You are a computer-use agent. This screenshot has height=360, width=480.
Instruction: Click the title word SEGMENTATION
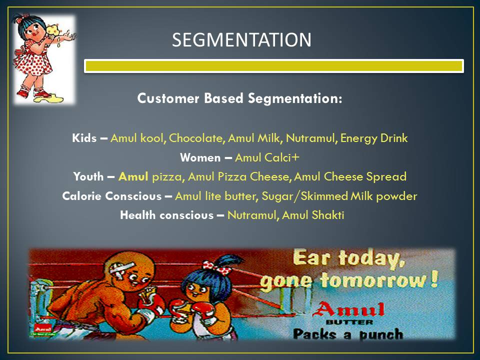click(241, 40)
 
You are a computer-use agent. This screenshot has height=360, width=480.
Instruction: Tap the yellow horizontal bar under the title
click(274, 66)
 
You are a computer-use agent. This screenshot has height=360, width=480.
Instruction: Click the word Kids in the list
click(84, 138)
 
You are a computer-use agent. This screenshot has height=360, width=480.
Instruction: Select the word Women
click(200, 157)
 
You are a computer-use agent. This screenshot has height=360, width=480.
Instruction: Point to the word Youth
click(88, 176)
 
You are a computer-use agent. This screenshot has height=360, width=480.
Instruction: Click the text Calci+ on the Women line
click(281, 157)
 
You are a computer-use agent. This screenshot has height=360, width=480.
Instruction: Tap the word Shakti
click(328, 215)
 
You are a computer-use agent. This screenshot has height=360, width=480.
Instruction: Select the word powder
click(396, 196)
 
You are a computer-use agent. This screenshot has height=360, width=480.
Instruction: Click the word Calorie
click(81, 196)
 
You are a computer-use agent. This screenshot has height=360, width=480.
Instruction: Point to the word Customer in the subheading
click(168, 98)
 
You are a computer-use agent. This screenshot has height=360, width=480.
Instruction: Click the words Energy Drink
click(374, 138)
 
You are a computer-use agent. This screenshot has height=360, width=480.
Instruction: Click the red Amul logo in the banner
click(349, 309)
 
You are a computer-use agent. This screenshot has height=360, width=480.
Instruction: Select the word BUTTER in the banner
click(349, 322)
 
